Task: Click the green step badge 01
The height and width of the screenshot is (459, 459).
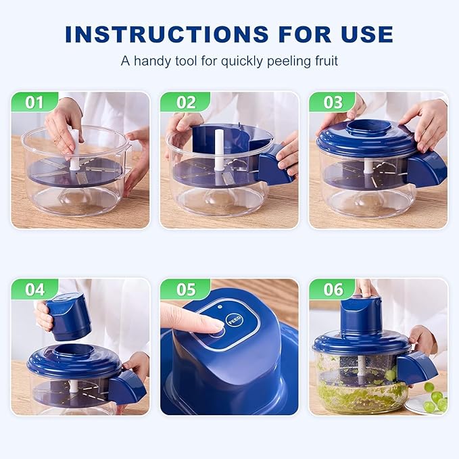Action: pos(34,102)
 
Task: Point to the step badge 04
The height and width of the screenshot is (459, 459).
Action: pos(34,289)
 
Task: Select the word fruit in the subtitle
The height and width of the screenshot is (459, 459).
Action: pos(323,61)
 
